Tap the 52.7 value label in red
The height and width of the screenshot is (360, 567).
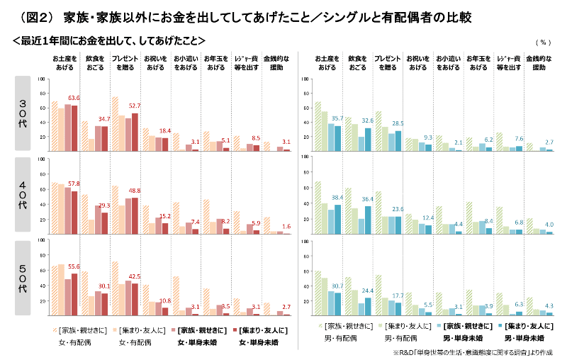click(x=134, y=106)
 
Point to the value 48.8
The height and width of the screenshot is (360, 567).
click(x=134, y=191)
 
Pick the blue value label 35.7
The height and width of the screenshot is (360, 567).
click(x=337, y=118)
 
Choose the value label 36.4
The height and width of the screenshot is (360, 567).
click(x=367, y=199)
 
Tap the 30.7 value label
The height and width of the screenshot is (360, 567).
click(x=337, y=285)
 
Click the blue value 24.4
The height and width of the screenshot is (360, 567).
click(x=367, y=291)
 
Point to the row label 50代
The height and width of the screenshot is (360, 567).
click(x=22, y=279)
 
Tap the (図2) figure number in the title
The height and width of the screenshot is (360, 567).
click(x=35, y=15)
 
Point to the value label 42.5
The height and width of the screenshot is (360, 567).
click(x=134, y=276)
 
